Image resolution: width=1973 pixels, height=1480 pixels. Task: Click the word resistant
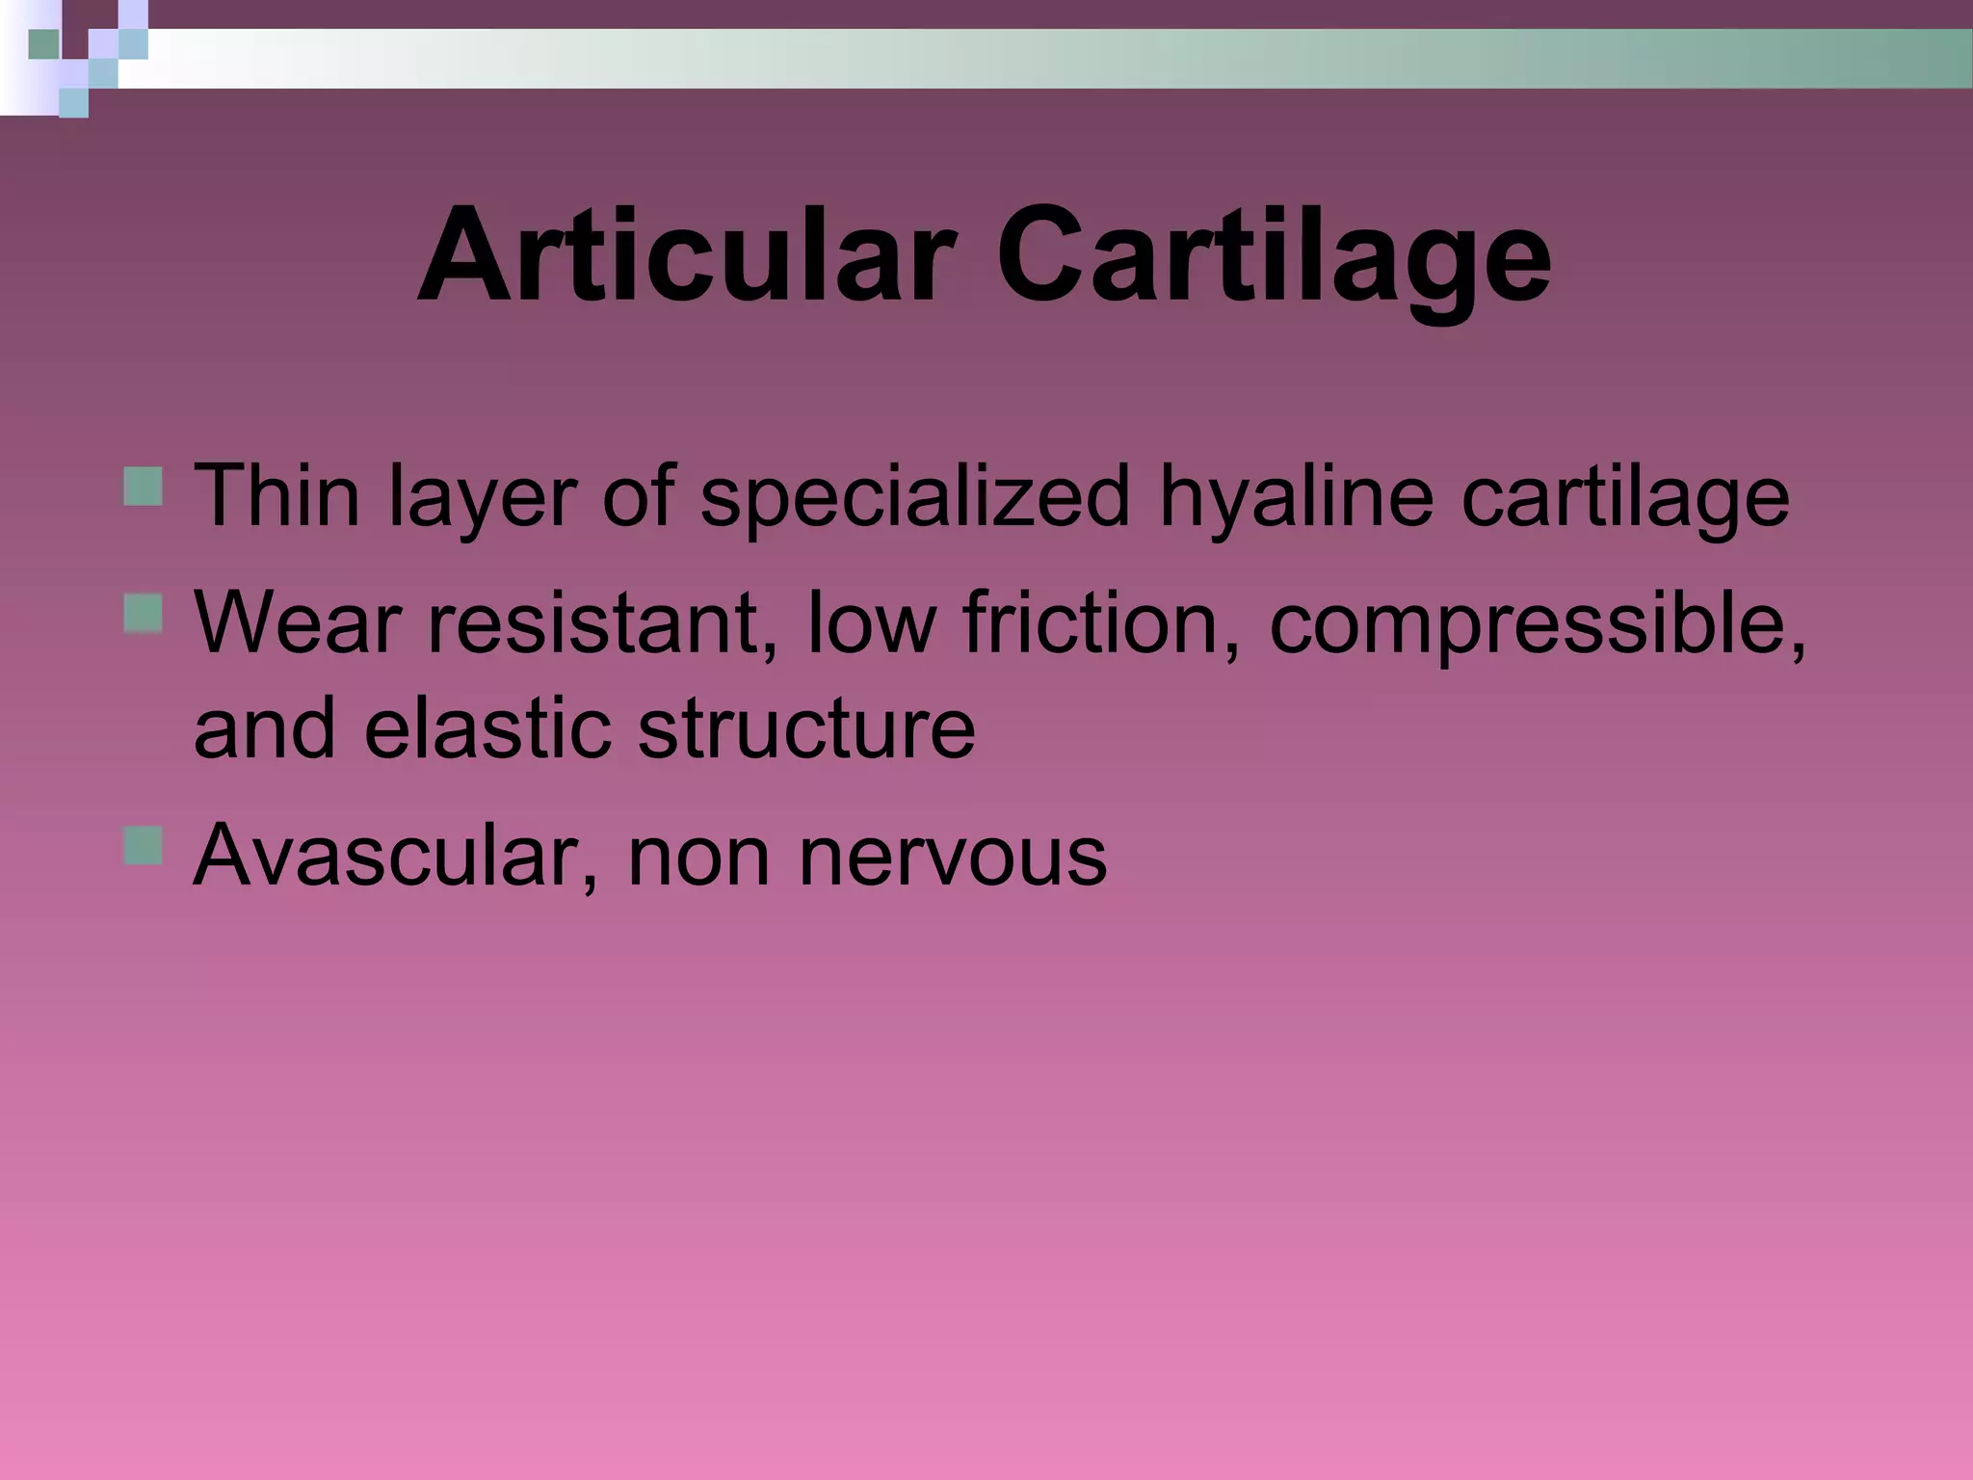pyautogui.click(x=602, y=621)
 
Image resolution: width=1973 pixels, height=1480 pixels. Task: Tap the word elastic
pyautogui.click(x=488, y=727)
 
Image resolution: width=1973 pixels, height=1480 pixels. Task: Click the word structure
pyautogui.click(x=805, y=727)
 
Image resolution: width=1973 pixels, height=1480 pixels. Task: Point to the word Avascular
pyautogui.click(x=395, y=854)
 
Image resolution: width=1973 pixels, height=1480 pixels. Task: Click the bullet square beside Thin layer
pyautogui.click(x=143, y=487)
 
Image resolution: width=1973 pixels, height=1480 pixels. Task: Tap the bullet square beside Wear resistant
pyautogui.click(x=143, y=613)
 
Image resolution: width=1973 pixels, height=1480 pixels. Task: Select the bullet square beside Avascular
pyautogui.click(x=143, y=845)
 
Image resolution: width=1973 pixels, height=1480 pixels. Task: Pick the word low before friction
pyautogui.click(x=870, y=621)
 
